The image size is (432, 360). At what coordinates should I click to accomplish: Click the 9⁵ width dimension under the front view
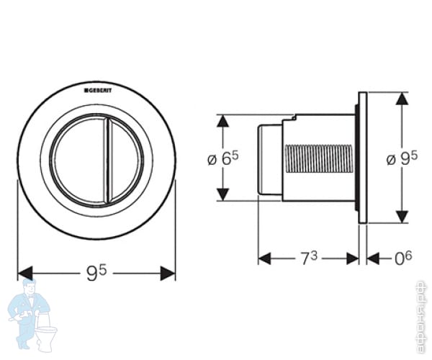coord(96,272)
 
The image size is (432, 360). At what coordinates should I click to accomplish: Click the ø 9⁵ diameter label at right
coord(402,158)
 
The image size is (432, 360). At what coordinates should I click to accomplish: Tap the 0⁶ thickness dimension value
coord(404,258)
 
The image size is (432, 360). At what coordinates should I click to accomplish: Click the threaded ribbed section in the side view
coord(321,158)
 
